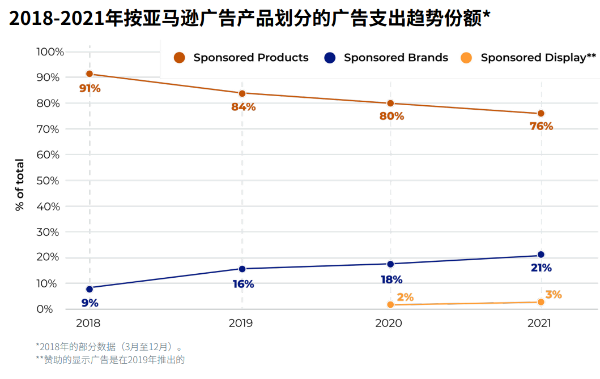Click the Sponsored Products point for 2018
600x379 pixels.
[90, 74]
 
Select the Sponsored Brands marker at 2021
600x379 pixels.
[541, 255]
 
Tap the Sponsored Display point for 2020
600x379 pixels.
[390, 305]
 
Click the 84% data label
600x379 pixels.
[244, 107]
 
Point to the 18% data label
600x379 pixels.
[392, 279]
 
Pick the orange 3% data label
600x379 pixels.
[554, 295]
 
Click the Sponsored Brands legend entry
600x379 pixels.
[386, 58]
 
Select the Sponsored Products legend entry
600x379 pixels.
[242, 58]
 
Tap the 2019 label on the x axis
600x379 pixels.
[241, 323]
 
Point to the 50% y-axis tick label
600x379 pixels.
[48, 180]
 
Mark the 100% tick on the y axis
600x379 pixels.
[50, 52]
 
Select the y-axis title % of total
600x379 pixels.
[20, 186]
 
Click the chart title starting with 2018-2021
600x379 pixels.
[249, 19]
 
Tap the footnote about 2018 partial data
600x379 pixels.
[110, 346]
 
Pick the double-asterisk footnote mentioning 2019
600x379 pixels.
[110, 359]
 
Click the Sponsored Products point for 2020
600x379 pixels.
[390, 104]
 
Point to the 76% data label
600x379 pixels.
[541, 127]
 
